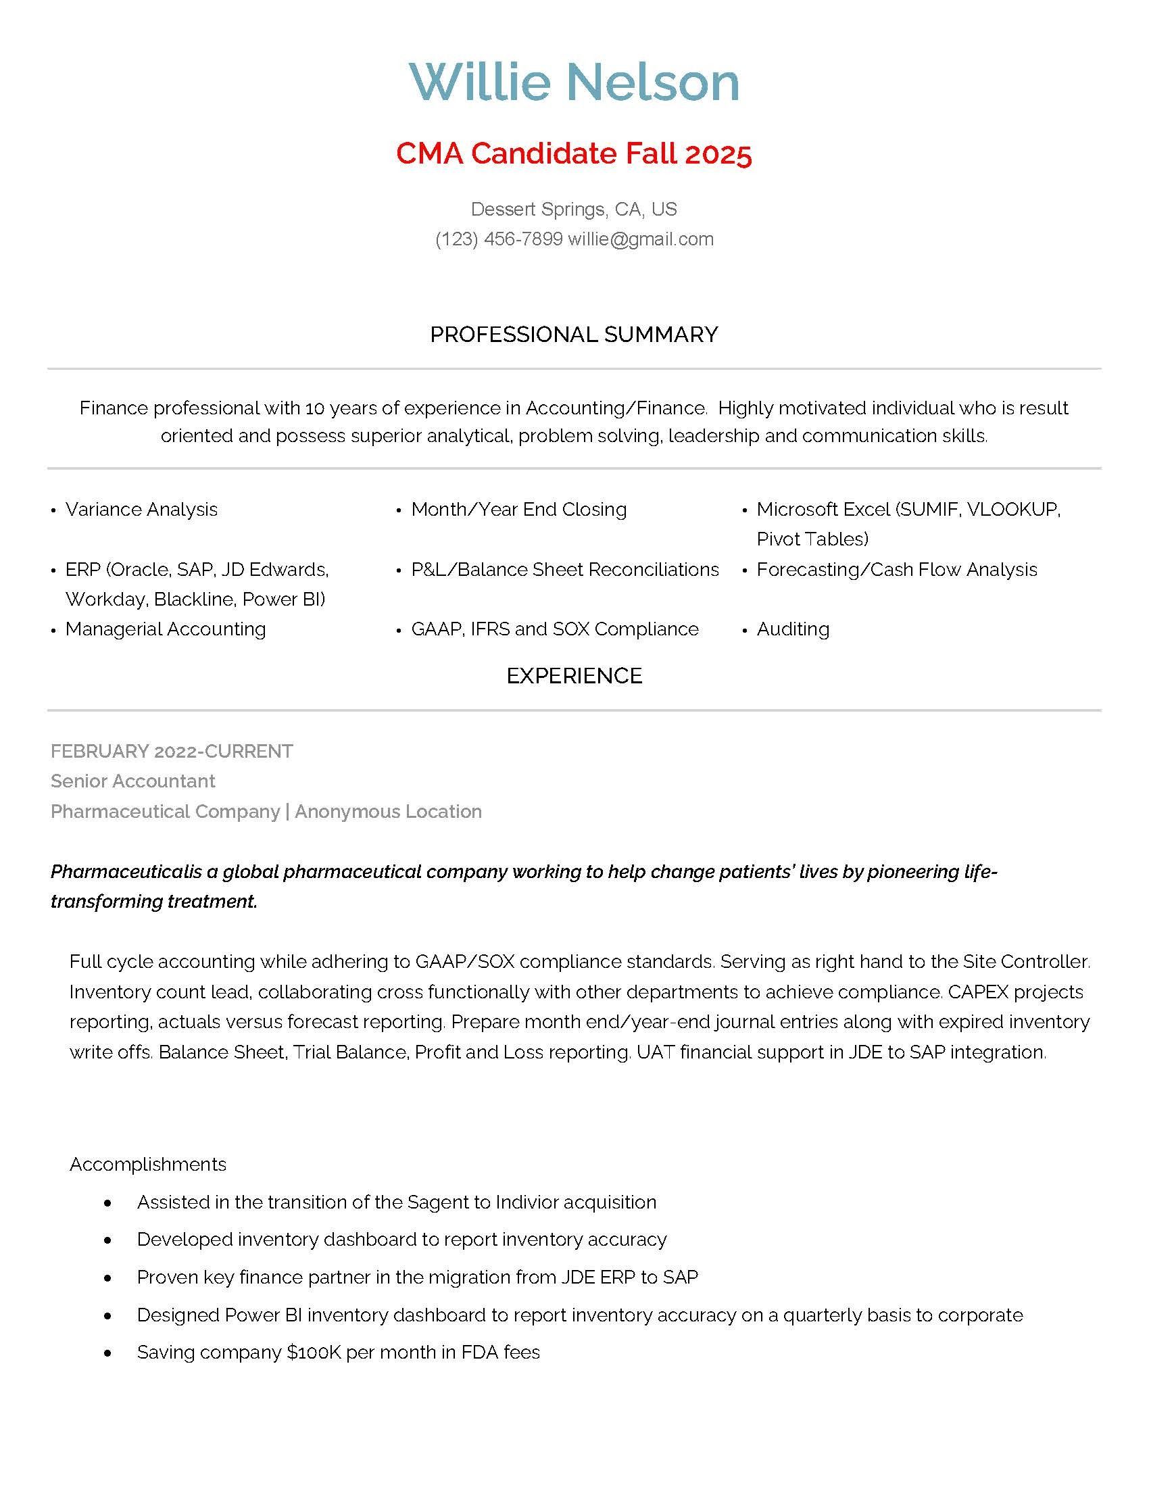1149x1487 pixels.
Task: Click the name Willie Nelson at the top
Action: pyautogui.click(x=574, y=82)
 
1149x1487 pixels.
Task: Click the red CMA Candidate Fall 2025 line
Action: pyautogui.click(x=574, y=153)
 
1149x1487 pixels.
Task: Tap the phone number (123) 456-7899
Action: pyautogui.click(x=499, y=239)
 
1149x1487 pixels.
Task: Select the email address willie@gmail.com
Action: pyautogui.click(x=641, y=239)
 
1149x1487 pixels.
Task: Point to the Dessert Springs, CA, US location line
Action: pyautogui.click(x=574, y=209)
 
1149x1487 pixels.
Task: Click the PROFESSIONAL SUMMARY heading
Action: pyautogui.click(x=574, y=335)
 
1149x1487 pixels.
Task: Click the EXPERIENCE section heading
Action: pyautogui.click(x=574, y=675)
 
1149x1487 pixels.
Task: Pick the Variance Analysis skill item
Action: pyautogui.click(x=141, y=509)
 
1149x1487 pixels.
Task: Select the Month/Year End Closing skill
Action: pyautogui.click(x=518, y=509)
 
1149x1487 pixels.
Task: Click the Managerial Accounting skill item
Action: pyautogui.click(x=166, y=629)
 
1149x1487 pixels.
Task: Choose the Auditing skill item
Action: pyautogui.click(x=793, y=629)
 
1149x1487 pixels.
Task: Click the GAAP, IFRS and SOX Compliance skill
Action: pyautogui.click(x=555, y=629)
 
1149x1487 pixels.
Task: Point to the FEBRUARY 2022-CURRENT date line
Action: pyautogui.click(x=172, y=751)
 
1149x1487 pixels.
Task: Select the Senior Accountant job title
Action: pyautogui.click(x=132, y=781)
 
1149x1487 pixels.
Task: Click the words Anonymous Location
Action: pyautogui.click(x=388, y=811)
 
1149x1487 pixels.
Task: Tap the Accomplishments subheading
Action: pyautogui.click(x=148, y=1164)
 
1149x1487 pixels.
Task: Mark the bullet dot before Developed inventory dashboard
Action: pyautogui.click(x=107, y=1240)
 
